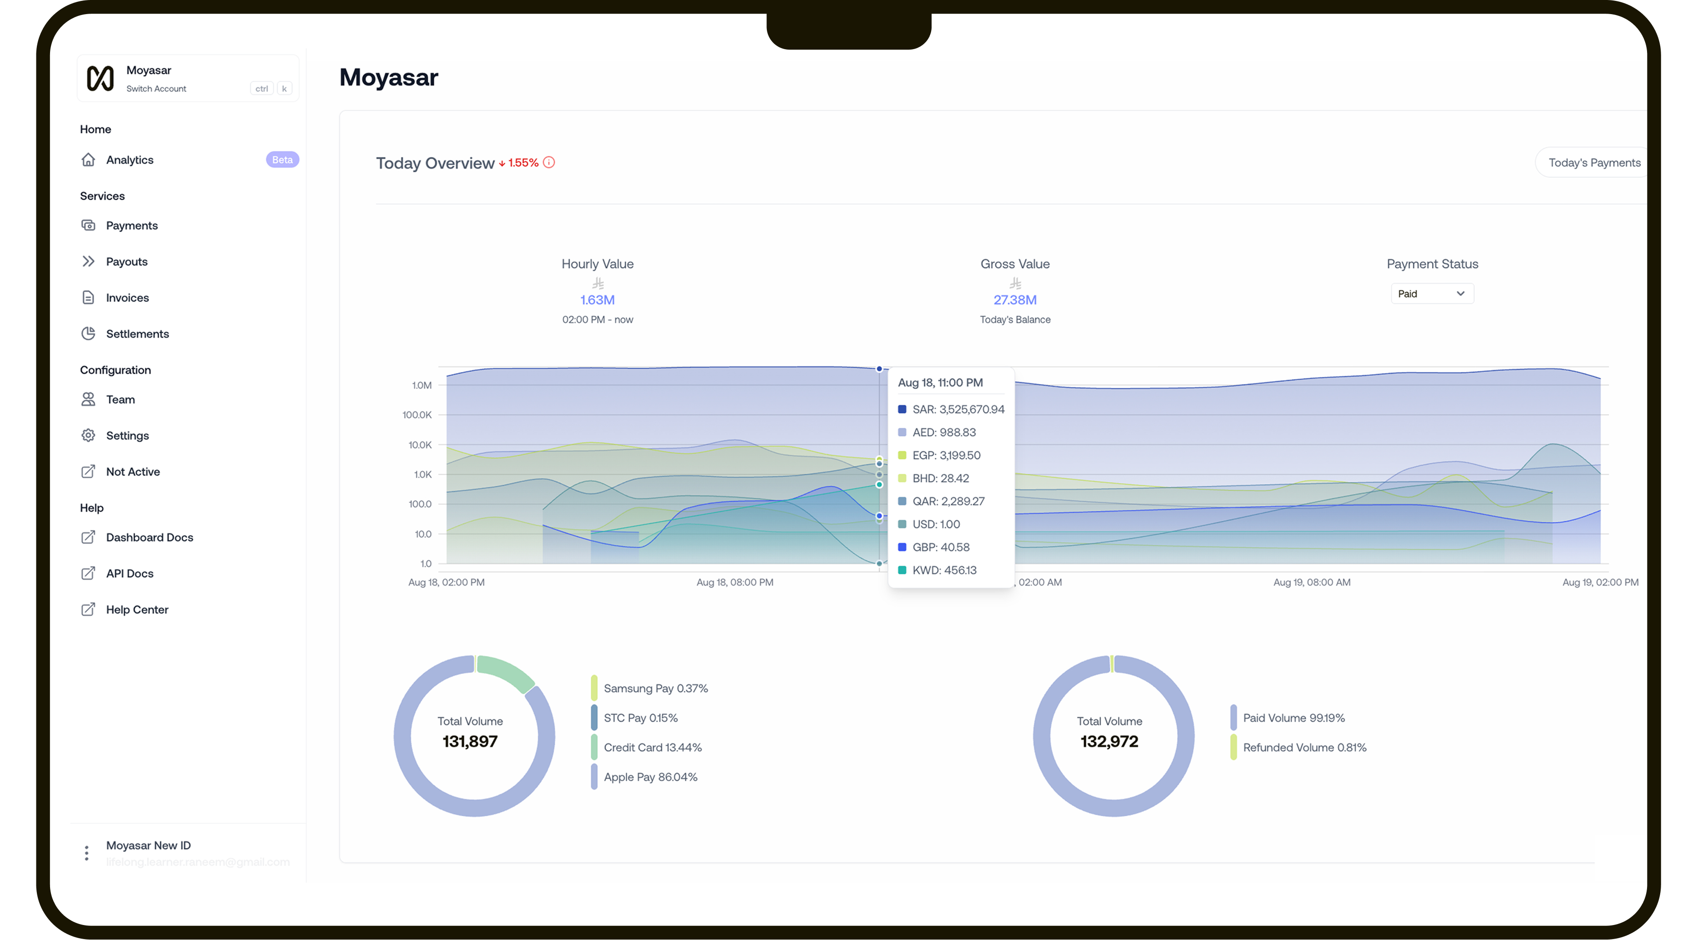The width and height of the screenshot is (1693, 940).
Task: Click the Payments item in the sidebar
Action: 132,225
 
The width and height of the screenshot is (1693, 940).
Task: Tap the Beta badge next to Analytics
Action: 282,160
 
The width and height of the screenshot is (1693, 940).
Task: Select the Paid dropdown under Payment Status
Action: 1431,294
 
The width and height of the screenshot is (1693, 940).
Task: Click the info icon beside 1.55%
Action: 549,163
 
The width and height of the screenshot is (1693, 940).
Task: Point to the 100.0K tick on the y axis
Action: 417,415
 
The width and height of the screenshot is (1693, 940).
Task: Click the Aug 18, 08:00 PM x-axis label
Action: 735,582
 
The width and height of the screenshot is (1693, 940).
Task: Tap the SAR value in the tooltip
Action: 958,410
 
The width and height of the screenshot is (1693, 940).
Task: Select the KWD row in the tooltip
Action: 944,570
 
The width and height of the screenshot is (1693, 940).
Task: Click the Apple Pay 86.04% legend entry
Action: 650,777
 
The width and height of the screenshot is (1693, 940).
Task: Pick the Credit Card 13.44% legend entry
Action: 652,747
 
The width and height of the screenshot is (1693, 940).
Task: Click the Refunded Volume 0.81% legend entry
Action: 1304,747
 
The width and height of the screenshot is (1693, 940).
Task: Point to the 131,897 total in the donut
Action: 470,742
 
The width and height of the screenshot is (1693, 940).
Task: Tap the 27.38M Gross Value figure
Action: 1015,300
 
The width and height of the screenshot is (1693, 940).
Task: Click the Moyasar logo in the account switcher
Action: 101,78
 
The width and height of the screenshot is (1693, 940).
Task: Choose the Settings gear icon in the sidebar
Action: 88,435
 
